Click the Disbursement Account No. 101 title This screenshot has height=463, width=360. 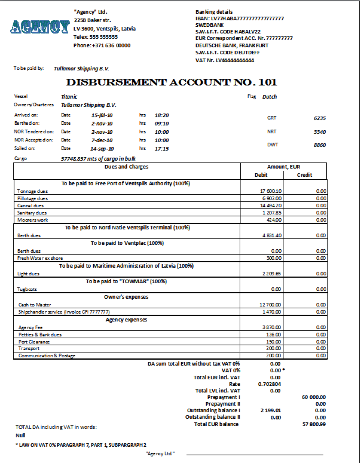[x=171, y=82]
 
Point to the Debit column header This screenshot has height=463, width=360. [x=261, y=175]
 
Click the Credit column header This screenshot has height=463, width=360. [x=305, y=175]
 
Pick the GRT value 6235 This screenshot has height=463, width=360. [x=319, y=119]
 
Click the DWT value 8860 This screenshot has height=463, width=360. [x=319, y=145]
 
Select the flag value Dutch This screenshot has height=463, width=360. [x=269, y=97]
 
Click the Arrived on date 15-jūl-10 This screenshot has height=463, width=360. [x=102, y=115]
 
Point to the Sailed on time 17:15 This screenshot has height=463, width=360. [x=161, y=149]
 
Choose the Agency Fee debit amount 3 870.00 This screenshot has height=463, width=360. [x=271, y=328]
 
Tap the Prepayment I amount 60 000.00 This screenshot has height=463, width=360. [x=314, y=398]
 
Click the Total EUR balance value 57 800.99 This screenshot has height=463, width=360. [x=314, y=424]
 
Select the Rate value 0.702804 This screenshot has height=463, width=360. [x=269, y=384]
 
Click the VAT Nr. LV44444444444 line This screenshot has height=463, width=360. [x=225, y=60]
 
